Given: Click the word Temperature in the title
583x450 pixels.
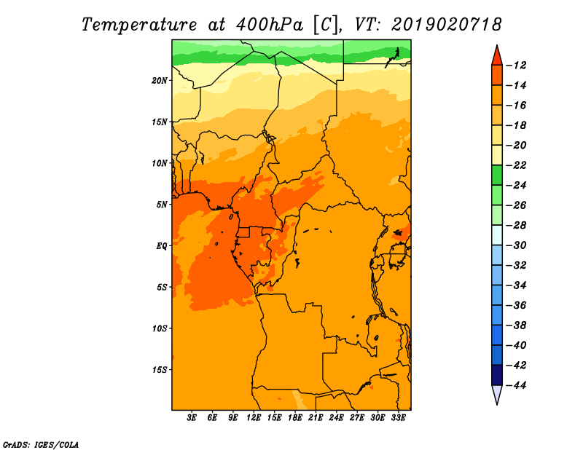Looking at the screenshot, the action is [x=139, y=25].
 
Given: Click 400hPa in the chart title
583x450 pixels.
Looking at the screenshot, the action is [x=270, y=25].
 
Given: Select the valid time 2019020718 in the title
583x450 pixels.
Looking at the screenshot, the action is [x=446, y=25].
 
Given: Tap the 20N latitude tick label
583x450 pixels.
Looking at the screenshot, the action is [x=160, y=81].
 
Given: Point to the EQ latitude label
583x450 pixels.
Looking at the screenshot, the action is [x=162, y=246].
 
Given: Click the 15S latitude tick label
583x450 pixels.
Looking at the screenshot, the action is [x=160, y=370].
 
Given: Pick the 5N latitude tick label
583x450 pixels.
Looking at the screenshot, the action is [x=162, y=205].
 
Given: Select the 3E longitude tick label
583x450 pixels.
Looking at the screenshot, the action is [x=191, y=417].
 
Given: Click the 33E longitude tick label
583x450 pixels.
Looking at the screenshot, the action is [x=398, y=417].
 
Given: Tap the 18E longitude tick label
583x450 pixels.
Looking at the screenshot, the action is [x=295, y=417].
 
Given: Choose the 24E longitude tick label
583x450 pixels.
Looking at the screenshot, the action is [x=336, y=417].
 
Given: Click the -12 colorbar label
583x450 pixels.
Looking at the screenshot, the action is [x=517, y=66].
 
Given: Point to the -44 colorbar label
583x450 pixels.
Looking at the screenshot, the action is [x=517, y=385].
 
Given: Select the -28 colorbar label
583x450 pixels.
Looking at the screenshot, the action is [x=517, y=225].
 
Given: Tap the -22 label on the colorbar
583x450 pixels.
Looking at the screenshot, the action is [x=517, y=165].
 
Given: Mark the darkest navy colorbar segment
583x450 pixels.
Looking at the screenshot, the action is [x=497, y=375].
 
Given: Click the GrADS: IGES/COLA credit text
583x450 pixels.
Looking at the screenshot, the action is [x=41, y=444].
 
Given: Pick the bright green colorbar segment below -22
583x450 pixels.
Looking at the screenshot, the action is [x=497, y=175].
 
